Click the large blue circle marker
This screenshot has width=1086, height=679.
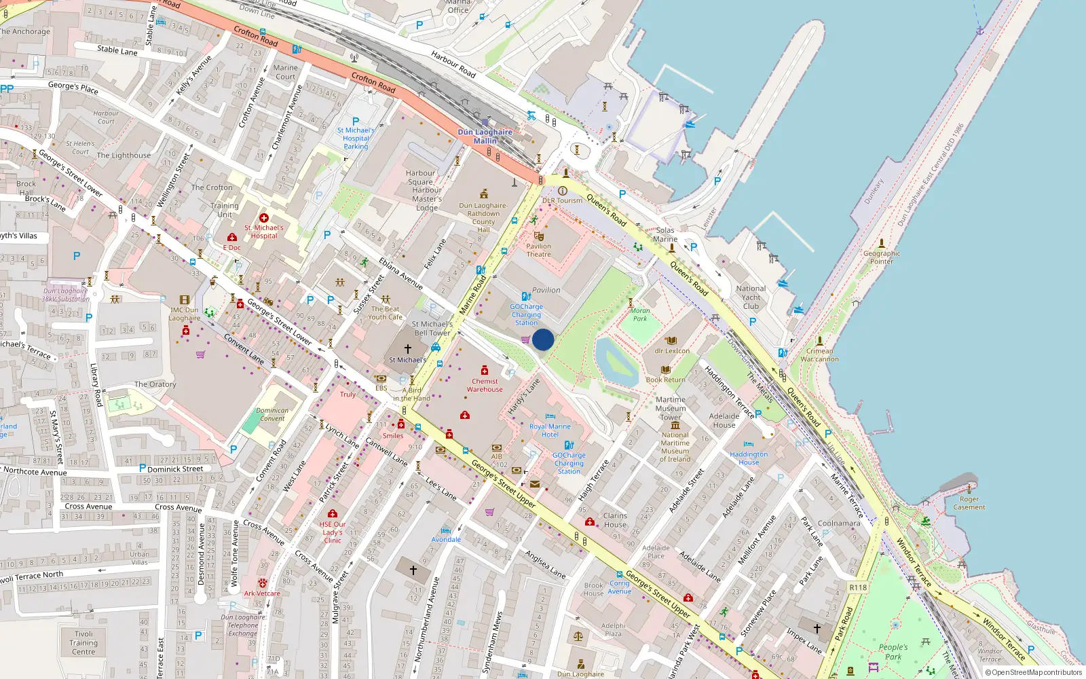click(543, 339)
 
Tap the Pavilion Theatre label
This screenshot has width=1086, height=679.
click(538, 251)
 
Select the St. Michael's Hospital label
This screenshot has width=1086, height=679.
click(264, 232)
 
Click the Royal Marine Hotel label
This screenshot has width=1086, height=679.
click(550, 430)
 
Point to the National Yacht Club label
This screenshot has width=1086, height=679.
click(751, 297)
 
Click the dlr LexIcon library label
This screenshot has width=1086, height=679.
click(672, 351)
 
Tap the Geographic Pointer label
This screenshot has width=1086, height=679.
click(882, 257)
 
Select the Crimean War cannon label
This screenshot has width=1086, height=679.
click(819, 355)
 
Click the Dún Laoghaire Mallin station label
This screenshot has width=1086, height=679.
click(485, 136)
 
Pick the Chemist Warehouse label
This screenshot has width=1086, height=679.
click(485, 385)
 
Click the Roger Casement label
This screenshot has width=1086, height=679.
click(969, 503)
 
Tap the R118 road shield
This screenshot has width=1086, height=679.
click(858, 587)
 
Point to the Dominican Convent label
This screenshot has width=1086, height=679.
click(272, 414)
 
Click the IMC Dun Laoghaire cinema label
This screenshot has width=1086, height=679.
click(185, 314)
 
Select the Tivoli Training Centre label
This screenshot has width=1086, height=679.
click(83, 642)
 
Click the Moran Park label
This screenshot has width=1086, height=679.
click(640, 314)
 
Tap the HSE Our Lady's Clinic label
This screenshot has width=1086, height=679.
click(333, 532)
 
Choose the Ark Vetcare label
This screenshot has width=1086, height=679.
click(262, 593)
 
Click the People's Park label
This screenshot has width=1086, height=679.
click(893, 652)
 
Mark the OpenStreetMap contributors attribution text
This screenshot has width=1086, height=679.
click(1033, 672)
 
